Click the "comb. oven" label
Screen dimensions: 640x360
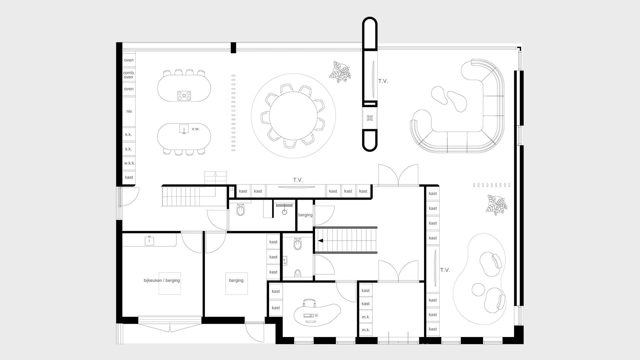[129, 75]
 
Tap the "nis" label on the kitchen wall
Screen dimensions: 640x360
[129, 111]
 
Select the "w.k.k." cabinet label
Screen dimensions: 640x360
[130, 163]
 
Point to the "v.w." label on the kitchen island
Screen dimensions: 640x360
[196, 129]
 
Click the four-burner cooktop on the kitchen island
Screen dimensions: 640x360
[184, 96]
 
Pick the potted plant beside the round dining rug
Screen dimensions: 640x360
[340, 72]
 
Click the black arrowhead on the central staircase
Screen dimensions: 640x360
[320, 241]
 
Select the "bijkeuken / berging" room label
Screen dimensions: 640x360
[162, 280]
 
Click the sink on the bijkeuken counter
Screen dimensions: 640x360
[149, 240]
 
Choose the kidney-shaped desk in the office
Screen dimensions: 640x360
[317, 314]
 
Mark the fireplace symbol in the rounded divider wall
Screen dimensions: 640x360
[370, 118]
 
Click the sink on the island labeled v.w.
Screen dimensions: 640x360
[184, 129]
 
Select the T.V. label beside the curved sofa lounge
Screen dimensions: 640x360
[383, 81]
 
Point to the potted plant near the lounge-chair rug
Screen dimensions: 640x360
[496, 205]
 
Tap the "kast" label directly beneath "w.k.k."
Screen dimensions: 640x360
[129, 177]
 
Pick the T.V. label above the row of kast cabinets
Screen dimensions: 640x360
[298, 180]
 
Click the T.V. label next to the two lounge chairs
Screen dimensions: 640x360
[445, 270]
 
